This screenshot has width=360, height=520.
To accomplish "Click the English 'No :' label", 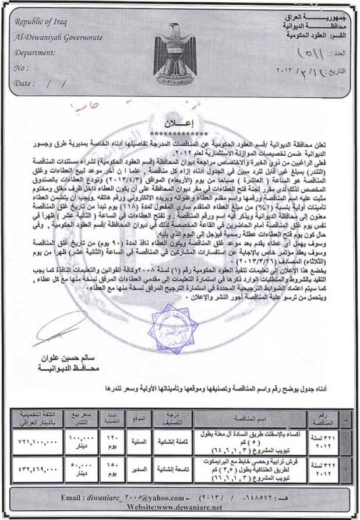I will [22, 67].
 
